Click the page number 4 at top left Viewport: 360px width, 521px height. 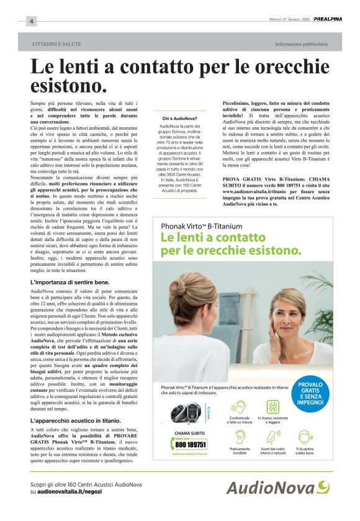pos(30,22)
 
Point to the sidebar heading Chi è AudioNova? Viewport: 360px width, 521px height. pos(179,118)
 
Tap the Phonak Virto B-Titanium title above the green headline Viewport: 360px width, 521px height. pos(201,226)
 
